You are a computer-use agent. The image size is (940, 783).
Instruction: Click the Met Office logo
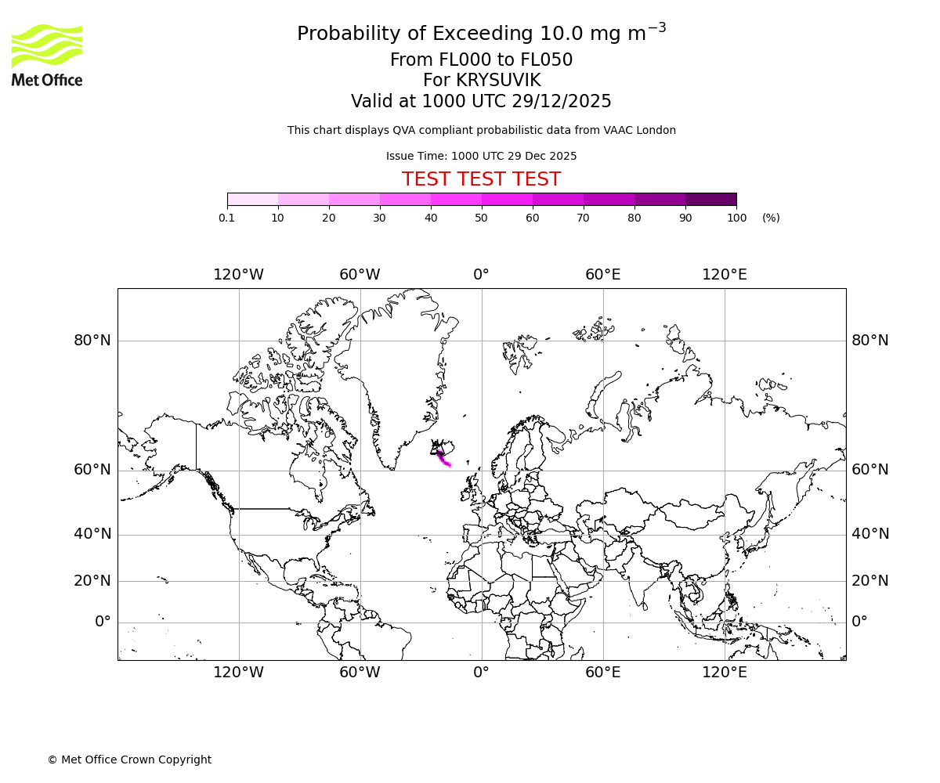[47, 55]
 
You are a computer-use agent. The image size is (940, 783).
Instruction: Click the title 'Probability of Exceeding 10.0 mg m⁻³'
[481, 34]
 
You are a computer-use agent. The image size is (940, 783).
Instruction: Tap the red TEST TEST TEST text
[481, 179]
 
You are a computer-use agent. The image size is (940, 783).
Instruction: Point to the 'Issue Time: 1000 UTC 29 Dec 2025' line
[481, 156]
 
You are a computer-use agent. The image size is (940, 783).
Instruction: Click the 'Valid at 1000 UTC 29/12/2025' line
[481, 102]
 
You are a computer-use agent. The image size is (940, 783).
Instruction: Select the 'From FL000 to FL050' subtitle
[481, 60]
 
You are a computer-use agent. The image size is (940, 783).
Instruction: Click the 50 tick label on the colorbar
[481, 218]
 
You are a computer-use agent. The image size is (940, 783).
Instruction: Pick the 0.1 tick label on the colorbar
[227, 218]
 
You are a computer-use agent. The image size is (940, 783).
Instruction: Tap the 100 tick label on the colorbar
[736, 218]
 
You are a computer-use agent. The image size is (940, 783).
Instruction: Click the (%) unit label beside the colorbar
[771, 218]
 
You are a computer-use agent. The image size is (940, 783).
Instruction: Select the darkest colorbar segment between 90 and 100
[710, 199]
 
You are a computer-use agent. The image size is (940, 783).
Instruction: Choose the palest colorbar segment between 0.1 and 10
[252, 199]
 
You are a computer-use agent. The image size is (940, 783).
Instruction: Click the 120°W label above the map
[239, 275]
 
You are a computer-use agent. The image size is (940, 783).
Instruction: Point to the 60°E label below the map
[602, 673]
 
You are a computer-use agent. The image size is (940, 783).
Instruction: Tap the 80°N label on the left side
[92, 341]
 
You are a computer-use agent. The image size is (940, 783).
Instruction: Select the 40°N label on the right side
[870, 534]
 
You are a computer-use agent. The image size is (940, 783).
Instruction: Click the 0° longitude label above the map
[481, 275]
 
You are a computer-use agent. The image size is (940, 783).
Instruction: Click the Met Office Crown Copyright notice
[129, 760]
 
